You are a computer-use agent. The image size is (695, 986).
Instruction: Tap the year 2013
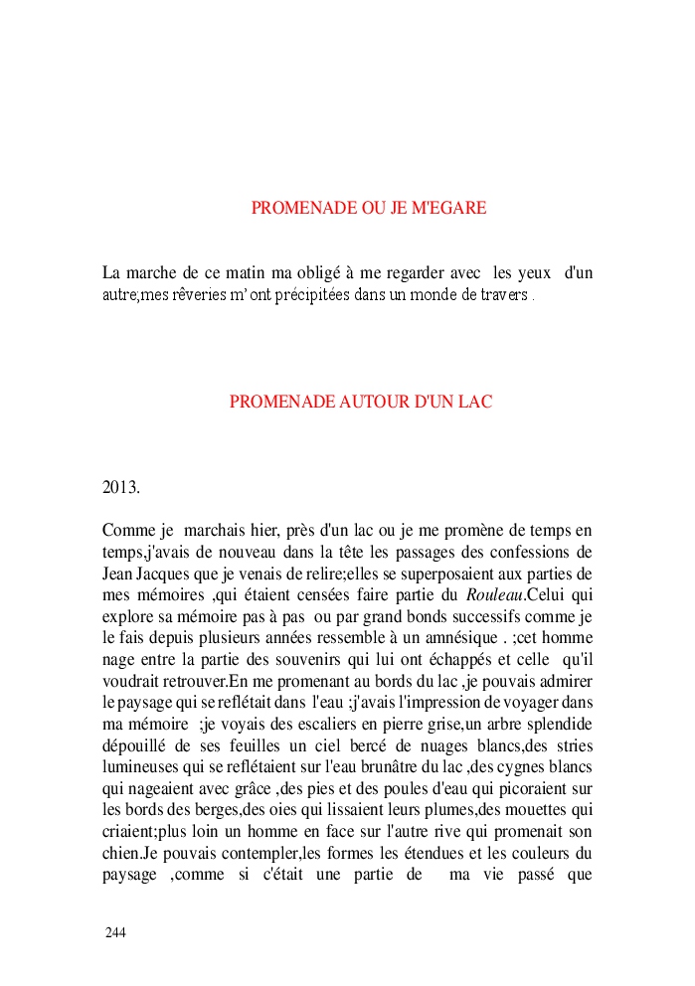point(121,488)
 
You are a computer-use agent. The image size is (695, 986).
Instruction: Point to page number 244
point(115,932)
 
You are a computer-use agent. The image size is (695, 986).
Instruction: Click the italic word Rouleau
point(494,596)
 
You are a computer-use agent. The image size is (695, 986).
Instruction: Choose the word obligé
point(343,273)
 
